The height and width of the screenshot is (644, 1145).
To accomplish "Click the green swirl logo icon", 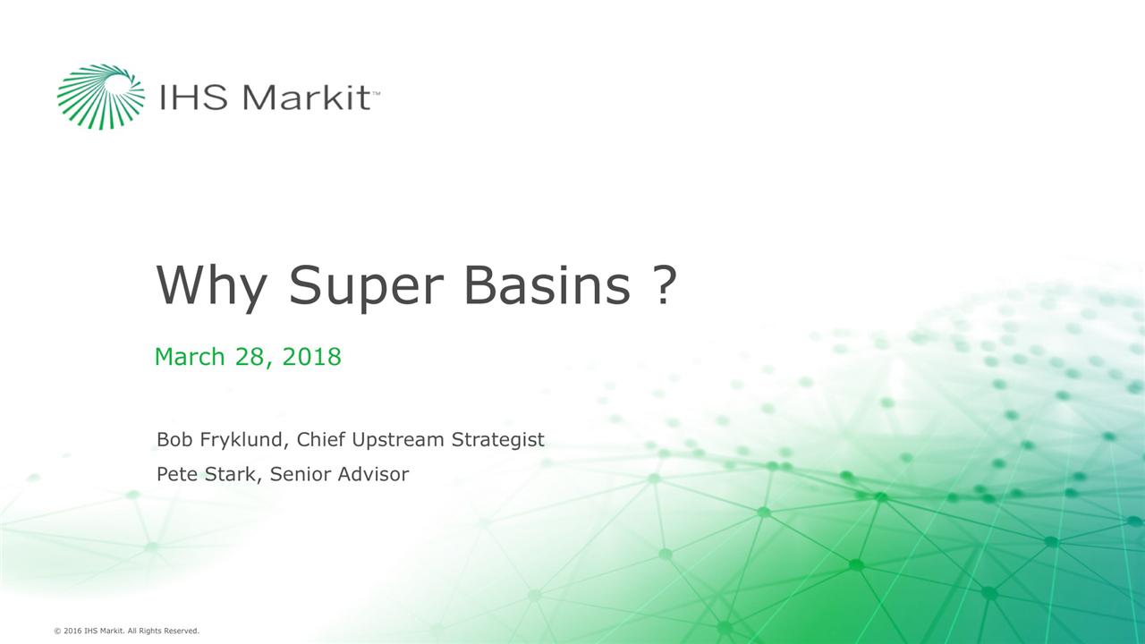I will tap(100, 96).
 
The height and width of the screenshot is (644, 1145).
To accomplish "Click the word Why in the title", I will tap(211, 286).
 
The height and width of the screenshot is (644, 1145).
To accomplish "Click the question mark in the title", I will tap(663, 286).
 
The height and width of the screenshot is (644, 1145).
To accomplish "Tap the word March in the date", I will tap(190, 357).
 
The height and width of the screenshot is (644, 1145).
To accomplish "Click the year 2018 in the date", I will tap(311, 357).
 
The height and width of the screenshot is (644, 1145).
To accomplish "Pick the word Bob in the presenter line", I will tap(172, 440).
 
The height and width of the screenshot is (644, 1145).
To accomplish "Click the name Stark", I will tap(234, 475).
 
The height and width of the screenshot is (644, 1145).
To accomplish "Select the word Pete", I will tap(176, 475).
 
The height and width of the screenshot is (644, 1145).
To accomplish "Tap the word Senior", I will tap(300, 475).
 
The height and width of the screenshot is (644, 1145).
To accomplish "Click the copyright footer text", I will tap(126, 631).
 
